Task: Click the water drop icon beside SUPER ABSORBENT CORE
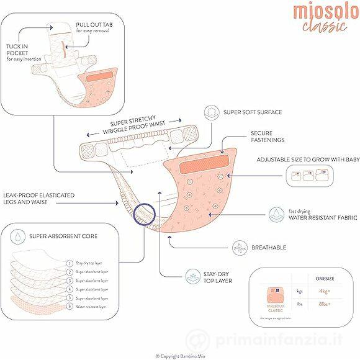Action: pyautogui.click(x=18, y=236)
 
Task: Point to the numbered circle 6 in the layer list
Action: pyautogui.click(x=69, y=307)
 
